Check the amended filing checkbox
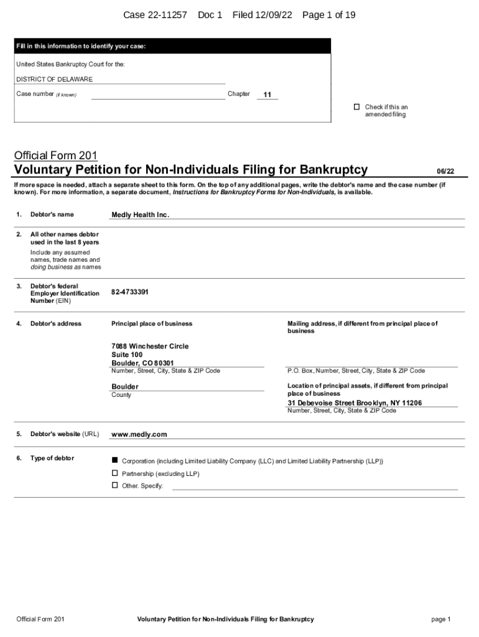click(x=356, y=107)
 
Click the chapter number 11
click(x=267, y=95)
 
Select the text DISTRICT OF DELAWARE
click(x=54, y=80)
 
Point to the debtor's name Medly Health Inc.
click(x=140, y=215)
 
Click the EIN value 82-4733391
click(x=130, y=292)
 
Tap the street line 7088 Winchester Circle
click(x=150, y=346)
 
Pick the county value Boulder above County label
click(x=125, y=387)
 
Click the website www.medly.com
click(x=139, y=435)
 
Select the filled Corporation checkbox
click(x=114, y=460)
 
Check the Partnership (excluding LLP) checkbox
click(x=114, y=473)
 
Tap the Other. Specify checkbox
click(x=114, y=485)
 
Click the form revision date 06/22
click(x=445, y=171)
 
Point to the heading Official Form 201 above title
click(x=56, y=155)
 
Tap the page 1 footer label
click(x=440, y=620)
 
